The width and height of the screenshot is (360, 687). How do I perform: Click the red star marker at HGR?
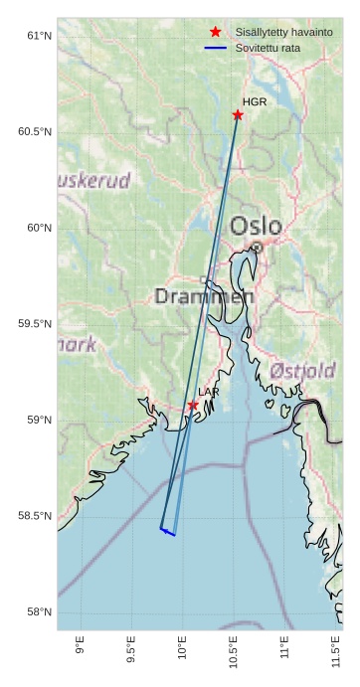click(238, 115)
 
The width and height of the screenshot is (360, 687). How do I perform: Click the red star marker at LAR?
click(193, 406)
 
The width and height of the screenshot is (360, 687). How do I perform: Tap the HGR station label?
click(255, 102)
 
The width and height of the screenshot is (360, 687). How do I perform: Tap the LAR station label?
click(209, 393)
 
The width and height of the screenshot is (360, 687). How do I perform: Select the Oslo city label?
click(256, 226)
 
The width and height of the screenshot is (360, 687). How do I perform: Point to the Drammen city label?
click(204, 296)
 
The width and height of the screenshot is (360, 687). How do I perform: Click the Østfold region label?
click(302, 371)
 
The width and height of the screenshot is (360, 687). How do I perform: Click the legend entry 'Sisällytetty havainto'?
click(283, 33)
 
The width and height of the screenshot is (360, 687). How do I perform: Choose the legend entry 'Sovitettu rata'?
click(268, 48)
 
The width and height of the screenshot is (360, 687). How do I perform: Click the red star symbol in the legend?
click(216, 33)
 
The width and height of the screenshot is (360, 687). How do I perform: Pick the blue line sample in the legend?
click(216, 48)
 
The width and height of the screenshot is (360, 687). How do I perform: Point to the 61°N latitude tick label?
click(38, 36)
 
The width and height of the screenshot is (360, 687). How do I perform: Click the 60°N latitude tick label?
click(38, 228)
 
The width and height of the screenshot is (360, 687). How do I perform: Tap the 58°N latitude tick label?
click(38, 611)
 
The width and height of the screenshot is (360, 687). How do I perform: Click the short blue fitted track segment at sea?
click(168, 532)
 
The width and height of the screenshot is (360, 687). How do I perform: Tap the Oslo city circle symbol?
click(257, 247)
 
